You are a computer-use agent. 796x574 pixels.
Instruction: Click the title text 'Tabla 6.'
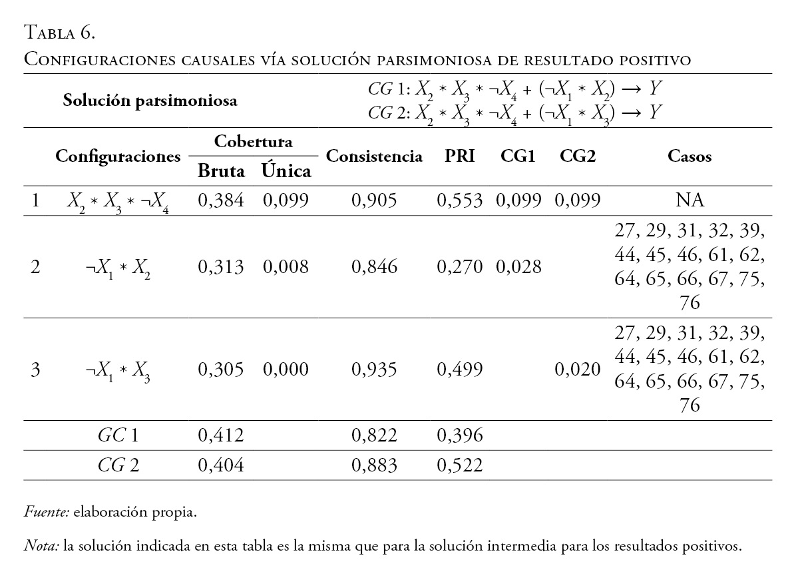[x=61, y=31]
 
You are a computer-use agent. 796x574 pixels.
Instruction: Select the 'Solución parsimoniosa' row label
[x=150, y=101]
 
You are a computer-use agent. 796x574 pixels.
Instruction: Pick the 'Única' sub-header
[x=286, y=170]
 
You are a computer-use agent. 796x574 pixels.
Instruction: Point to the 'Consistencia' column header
[x=374, y=156]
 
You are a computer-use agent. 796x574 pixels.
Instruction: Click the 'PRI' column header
[x=459, y=156]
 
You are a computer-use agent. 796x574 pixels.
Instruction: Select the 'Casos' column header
[x=690, y=156]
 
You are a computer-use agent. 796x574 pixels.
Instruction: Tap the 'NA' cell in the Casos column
[x=690, y=200]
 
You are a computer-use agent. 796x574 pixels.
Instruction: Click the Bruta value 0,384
[x=221, y=200]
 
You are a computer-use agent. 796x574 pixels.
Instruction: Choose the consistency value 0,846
[x=374, y=267]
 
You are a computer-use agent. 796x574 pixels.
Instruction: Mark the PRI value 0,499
[x=459, y=369]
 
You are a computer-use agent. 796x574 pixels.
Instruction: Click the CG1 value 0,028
[x=518, y=267]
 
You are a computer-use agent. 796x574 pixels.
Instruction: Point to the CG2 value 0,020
[x=577, y=369]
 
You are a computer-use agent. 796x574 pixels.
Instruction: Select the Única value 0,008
[x=286, y=267]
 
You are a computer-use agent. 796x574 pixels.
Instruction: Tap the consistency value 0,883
[x=374, y=465]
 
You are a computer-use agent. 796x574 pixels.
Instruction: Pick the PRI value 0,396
[x=459, y=435]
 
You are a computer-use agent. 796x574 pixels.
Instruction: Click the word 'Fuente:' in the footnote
[x=47, y=513]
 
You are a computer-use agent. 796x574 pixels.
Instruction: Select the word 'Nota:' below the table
[x=41, y=546]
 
